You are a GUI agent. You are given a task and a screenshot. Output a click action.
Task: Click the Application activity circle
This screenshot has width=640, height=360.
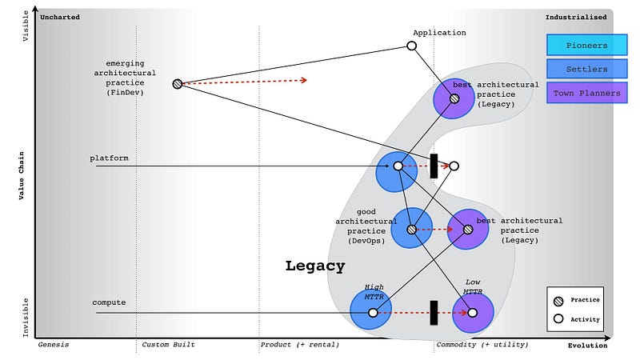(x=412, y=46)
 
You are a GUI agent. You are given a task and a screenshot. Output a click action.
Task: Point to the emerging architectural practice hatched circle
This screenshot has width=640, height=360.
(x=177, y=83)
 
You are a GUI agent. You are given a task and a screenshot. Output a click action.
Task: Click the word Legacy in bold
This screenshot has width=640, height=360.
(x=315, y=266)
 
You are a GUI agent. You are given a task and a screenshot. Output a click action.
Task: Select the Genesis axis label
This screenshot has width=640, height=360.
(x=54, y=345)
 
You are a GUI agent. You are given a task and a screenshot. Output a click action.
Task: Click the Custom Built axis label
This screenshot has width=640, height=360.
(x=168, y=345)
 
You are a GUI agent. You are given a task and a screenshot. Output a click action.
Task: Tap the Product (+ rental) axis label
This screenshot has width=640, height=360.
(x=299, y=345)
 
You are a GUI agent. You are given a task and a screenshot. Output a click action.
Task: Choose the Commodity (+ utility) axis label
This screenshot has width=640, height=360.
(x=482, y=345)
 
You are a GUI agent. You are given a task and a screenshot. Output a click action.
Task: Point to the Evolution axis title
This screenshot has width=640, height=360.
(x=587, y=346)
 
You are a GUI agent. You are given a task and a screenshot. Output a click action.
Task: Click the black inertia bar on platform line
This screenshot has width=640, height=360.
(x=434, y=166)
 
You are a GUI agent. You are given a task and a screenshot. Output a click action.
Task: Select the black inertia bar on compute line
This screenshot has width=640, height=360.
(x=434, y=313)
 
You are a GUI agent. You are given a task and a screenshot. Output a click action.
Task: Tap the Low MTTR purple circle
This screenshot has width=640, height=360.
(x=472, y=313)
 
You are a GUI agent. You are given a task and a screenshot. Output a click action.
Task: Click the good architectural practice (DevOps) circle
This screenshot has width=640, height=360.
(x=412, y=229)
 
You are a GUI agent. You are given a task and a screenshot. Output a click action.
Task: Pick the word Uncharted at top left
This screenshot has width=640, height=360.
(x=62, y=17)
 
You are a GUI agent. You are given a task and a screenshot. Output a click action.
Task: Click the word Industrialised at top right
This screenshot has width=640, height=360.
(x=576, y=17)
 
